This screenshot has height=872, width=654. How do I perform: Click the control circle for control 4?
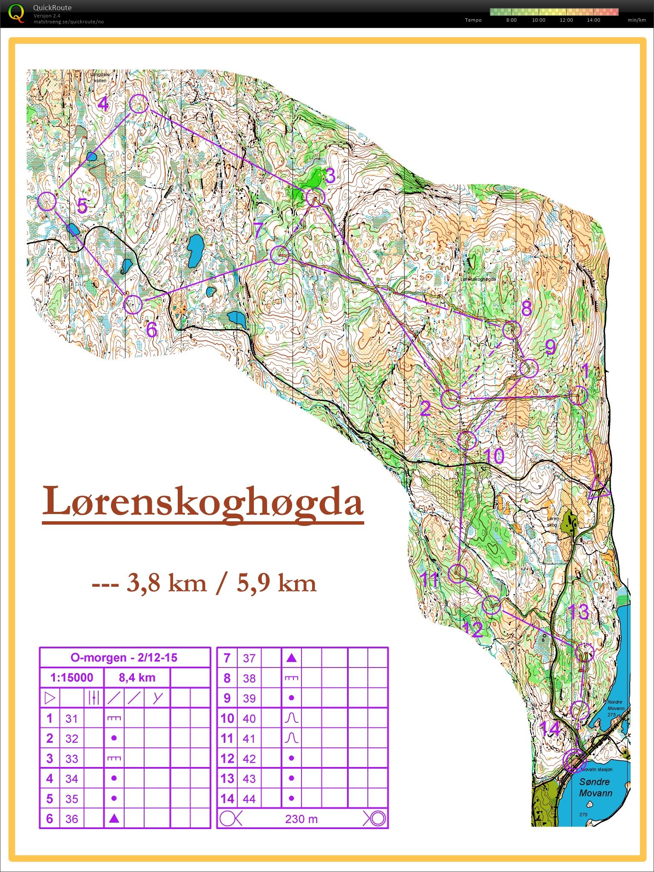[x=139, y=104]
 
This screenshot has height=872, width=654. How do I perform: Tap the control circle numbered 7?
[x=280, y=255]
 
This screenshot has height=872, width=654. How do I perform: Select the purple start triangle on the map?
[x=600, y=489]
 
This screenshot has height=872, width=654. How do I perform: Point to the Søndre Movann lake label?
[x=595, y=787]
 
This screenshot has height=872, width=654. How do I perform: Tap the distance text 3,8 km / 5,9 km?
[x=204, y=583]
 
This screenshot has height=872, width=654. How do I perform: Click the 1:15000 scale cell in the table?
[x=71, y=678]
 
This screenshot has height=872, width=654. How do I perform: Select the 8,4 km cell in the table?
[x=137, y=678]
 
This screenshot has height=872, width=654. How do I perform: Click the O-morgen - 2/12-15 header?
[x=124, y=658]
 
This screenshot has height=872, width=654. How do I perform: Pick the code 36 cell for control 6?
[x=72, y=818]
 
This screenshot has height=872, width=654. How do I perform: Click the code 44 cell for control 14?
[x=249, y=799]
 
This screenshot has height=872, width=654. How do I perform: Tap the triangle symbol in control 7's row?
[x=291, y=658]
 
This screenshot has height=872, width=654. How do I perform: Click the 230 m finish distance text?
[x=301, y=819]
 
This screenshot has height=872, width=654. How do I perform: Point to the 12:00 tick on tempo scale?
[x=566, y=20]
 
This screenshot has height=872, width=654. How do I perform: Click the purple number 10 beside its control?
[x=494, y=456]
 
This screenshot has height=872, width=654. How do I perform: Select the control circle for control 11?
[x=458, y=573]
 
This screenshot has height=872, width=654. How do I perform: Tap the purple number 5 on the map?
[x=82, y=207]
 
